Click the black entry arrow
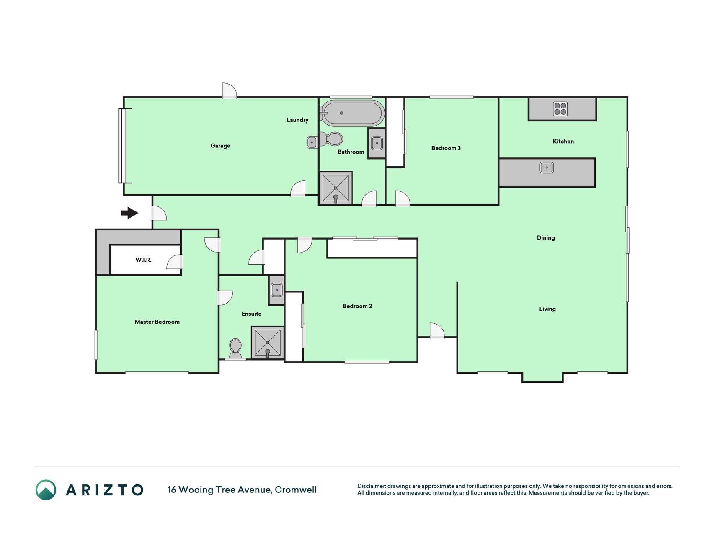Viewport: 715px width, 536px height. tap(130, 213)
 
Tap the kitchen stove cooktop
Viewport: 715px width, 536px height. tap(560, 109)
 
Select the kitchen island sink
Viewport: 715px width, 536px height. tap(547, 167)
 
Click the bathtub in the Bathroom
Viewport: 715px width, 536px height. tap(352, 113)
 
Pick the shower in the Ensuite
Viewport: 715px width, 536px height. tap(268, 343)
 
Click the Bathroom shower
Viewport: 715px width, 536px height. tap(336, 188)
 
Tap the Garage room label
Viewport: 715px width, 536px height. tap(220, 146)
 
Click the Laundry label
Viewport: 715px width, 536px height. tap(297, 120)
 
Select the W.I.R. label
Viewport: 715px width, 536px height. tap(143, 260)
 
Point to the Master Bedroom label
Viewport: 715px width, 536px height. tap(157, 322)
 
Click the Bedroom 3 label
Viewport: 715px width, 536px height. tap(446, 148)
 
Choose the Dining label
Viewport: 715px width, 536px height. tap(546, 238)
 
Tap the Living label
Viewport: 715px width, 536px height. tap(547, 309)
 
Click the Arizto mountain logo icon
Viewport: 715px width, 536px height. tap(46, 490)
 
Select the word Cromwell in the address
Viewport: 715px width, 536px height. tap(296, 490)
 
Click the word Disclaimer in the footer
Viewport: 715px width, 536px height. tap(372, 486)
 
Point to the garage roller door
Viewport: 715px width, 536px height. tap(123, 146)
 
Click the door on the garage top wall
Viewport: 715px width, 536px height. tap(229, 91)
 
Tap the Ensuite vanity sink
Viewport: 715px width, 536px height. tap(276, 290)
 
